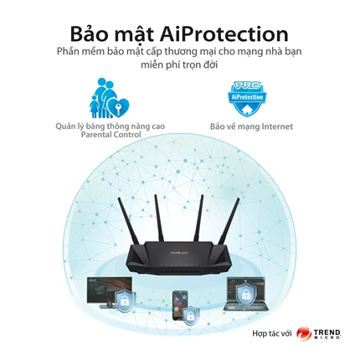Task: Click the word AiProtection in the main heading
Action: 224,34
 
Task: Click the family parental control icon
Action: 109,98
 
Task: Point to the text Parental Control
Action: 111,135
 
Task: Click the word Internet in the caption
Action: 274,126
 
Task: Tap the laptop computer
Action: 246,294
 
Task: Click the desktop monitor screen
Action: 109,291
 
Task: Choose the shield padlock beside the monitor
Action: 125,301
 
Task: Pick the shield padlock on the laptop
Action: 246,293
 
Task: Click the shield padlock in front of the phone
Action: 191,315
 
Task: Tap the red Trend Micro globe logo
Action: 304,334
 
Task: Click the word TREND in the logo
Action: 327,332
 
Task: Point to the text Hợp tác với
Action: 272,333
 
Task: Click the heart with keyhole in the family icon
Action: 119,107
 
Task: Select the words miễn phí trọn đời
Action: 179,65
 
